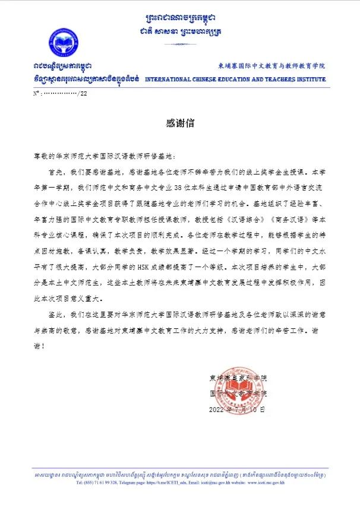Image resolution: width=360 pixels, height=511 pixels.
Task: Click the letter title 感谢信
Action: click(x=179, y=123)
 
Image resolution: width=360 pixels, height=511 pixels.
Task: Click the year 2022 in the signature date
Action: click(x=217, y=410)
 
